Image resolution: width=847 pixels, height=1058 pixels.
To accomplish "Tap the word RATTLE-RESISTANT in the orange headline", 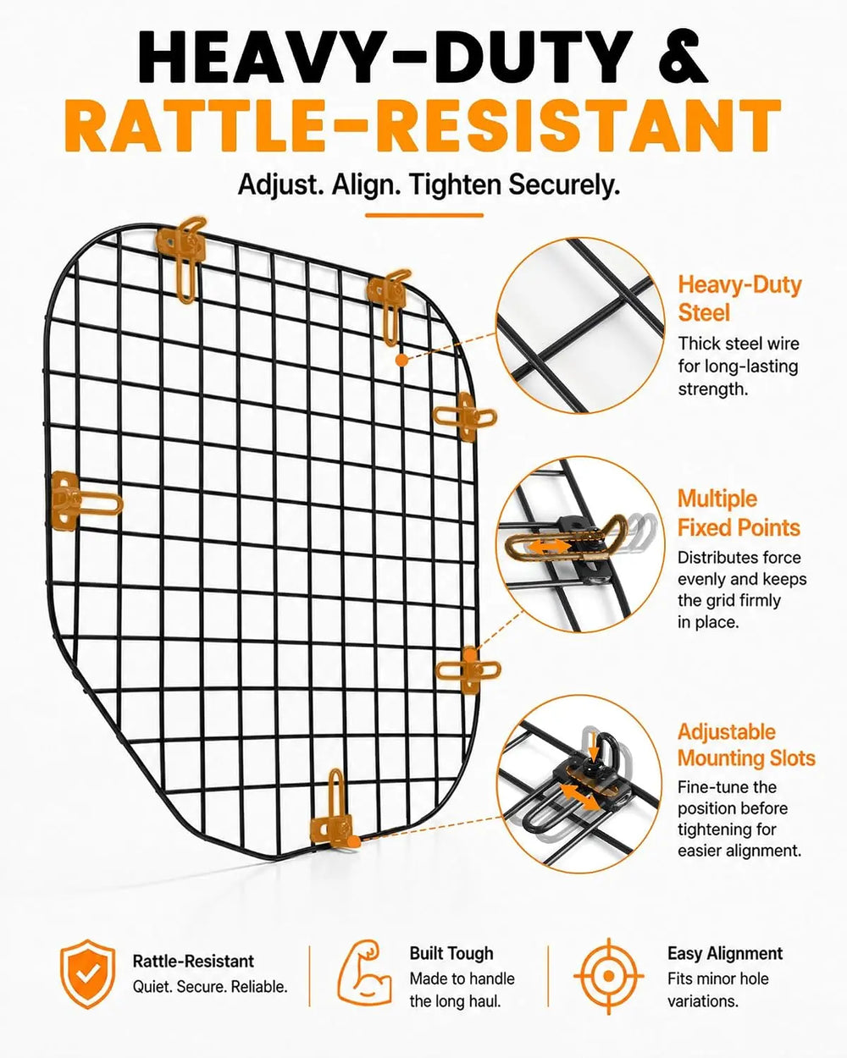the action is [x=423, y=126].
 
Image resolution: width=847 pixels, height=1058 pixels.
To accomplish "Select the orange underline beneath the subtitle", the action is [x=423, y=215].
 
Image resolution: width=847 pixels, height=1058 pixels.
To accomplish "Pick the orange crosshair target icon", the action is [x=609, y=975].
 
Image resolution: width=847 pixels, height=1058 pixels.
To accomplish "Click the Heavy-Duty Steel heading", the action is [x=739, y=299].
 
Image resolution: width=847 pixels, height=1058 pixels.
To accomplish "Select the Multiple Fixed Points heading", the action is [x=739, y=513].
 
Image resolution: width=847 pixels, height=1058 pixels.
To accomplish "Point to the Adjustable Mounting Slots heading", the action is [x=746, y=746].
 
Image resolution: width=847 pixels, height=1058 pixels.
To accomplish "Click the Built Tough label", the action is [x=451, y=953].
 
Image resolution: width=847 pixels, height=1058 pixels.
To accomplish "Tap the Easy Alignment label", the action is [x=725, y=953].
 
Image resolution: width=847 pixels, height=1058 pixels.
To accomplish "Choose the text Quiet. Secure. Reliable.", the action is [x=210, y=986].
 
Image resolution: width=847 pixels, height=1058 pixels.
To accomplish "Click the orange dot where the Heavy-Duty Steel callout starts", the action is [x=401, y=361].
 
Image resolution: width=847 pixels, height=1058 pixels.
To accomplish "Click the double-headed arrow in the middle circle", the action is [x=549, y=547].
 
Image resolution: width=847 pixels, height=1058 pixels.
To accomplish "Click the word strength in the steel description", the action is [x=712, y=388].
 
